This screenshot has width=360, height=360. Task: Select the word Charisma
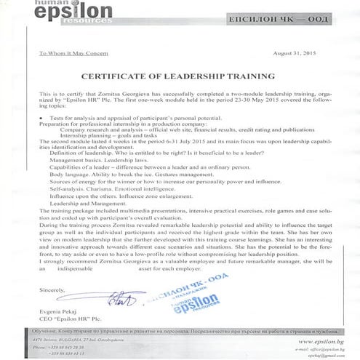(x=104, y=188)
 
